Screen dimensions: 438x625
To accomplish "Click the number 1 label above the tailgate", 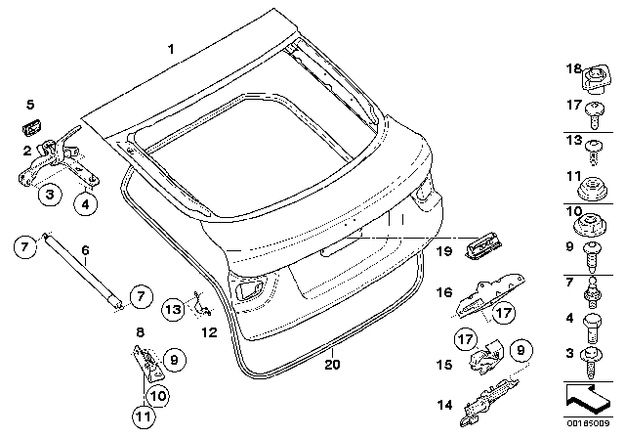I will pos(171,49).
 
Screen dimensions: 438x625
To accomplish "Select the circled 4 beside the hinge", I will pos(86,204).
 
